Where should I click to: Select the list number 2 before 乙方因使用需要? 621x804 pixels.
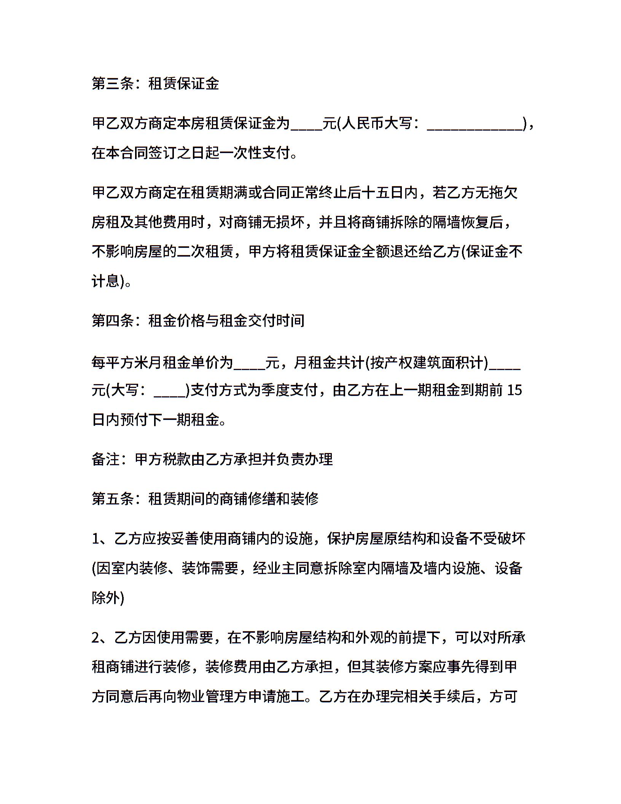(x=96, y=637)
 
